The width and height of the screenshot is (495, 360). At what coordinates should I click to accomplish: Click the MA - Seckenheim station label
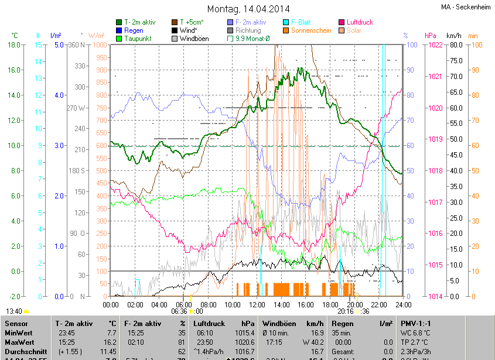pyautogui.click(x=465, y=7)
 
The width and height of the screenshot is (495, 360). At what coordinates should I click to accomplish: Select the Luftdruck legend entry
pyautogui.click(x=360, y=22)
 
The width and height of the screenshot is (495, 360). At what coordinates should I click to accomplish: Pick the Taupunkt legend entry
pyautogui.click(x=138, y=39)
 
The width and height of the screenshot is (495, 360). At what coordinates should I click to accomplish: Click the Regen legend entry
pyautogui.click(x=134, y=30)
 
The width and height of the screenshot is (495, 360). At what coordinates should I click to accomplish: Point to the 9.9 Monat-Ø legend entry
pyautogui.click(x=252, y=39)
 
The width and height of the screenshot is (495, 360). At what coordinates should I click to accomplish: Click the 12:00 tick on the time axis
pyautogui.click(x=257, y=304)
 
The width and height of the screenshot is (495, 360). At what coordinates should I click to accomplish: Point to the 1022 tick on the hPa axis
pyautogui.click(x=435, y=45)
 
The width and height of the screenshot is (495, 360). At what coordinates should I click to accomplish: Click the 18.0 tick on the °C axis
pyautogui.click(x=15, y=45)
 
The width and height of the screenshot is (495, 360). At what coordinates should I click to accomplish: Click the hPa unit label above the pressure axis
pyautogui.click(x=431, y=36)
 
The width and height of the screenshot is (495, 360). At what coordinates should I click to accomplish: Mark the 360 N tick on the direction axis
pyautogui.click(x=78, y=45)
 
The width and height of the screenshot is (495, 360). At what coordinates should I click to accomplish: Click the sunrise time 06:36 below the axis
pyautogui.click(x=179, y=311)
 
